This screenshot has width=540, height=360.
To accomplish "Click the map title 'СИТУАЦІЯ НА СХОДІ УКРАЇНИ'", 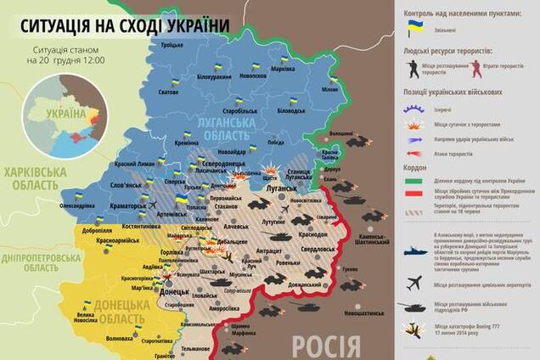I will pyautogui.click(x=117, y=24).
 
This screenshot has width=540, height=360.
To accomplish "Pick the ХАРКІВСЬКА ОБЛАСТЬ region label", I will pyautogui.click(x=35, y=177).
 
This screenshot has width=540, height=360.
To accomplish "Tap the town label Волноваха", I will pyautogui.click(x=119, y=338).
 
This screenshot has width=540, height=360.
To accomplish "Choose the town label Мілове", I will pyautogui.click(x=328, y=89).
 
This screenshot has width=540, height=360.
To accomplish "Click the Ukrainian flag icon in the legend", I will pyautogui.click(x=416, y=28).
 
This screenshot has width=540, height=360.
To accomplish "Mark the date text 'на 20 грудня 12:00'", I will pyautogui.click(x=65, y=61).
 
